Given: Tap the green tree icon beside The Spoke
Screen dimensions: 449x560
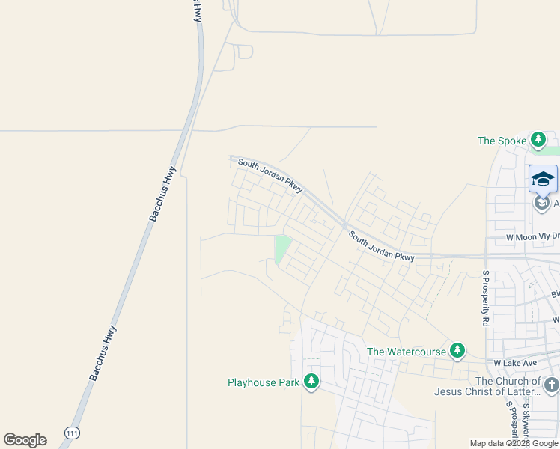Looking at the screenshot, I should point(538,140).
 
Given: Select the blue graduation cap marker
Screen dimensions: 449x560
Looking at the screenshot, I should point(543,179).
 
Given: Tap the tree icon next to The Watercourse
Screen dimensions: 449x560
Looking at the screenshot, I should point(457,351).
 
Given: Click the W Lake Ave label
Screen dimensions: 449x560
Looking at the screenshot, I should point(516,363).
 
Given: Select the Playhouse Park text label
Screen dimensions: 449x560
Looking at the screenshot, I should point(264,382).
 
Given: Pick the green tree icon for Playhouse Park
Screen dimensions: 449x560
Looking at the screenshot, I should point(311,382).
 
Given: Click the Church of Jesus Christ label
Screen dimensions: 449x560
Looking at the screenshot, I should point(488,386).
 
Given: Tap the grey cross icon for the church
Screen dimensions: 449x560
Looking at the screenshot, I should point(552,385).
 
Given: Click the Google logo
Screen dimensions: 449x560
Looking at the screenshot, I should point(25,440).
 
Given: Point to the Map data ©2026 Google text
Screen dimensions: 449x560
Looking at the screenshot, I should point(514,443).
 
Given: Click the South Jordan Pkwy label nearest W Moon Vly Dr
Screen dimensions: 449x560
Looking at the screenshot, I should point(381,246).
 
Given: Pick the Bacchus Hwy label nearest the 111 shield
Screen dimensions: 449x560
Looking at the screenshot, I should point(103,352).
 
